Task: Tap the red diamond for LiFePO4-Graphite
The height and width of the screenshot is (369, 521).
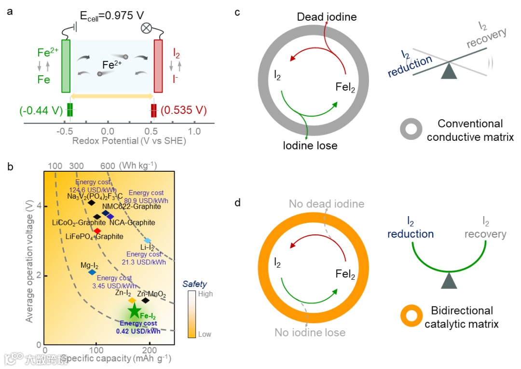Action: tap(97, 231)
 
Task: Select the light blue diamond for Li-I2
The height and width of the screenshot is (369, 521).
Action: tap(148, 240)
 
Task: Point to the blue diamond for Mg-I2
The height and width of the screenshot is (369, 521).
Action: tap(92, 272)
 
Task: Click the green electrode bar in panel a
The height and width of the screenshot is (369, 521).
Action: tap(66, 66)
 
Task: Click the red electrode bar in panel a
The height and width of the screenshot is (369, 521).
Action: tap(158, 66)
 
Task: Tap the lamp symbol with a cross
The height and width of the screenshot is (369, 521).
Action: tap(146, 27)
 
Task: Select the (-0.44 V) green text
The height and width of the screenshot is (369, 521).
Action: tap(41, 110)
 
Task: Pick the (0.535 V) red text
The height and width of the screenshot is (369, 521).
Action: tap(183, 110)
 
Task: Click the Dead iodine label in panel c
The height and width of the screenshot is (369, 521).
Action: tap(327, 17)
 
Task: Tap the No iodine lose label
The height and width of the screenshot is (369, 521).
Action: tap(310, 332)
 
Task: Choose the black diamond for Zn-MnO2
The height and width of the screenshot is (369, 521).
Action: tap(145, 301)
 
